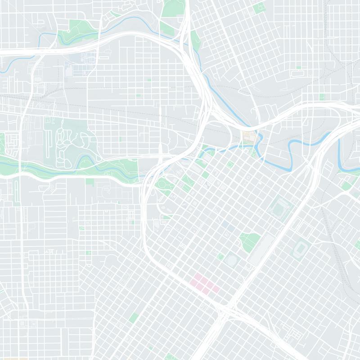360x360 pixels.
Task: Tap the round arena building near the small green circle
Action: point(232,260)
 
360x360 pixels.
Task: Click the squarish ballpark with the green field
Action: point(280,207)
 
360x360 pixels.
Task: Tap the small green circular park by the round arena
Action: point(220,256)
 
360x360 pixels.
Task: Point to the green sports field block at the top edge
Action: point(259,8)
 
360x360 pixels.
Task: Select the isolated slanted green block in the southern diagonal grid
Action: point(134,318)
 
